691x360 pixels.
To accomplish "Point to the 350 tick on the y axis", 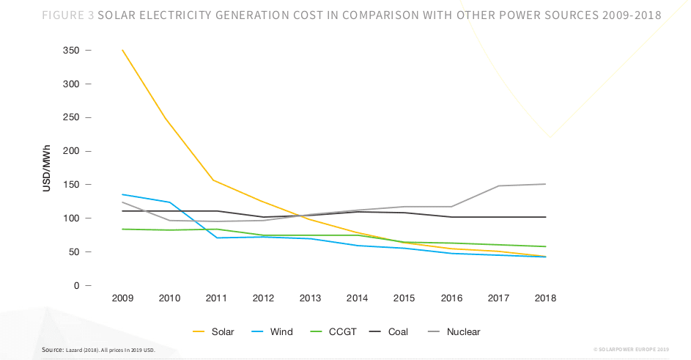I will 71,51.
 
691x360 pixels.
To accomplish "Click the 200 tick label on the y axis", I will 71,151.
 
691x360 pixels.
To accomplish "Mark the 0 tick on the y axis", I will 76,285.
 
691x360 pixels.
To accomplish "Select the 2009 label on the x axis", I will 122,298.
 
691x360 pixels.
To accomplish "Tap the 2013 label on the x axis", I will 310,298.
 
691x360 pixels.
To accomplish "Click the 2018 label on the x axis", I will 545,298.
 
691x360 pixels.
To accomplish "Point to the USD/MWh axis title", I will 46,168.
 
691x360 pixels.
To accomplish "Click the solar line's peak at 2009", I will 122,50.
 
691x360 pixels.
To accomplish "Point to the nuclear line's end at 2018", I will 545,184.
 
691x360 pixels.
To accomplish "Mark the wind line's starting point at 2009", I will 122,194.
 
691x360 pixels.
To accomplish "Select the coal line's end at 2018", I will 545,217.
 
